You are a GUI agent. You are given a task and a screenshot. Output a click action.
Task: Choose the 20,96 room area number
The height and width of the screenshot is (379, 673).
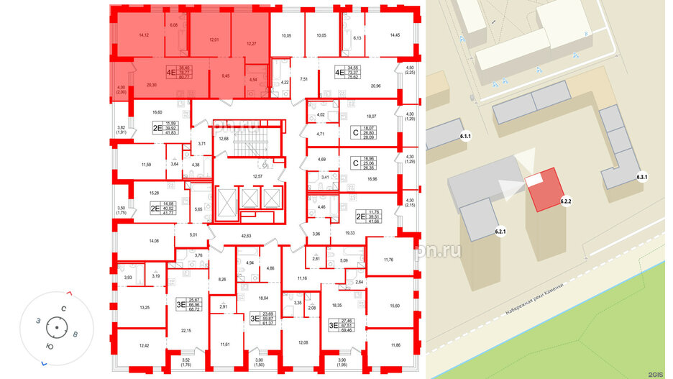(376, 86)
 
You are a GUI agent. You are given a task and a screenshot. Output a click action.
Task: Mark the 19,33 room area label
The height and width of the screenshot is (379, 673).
(352, 233)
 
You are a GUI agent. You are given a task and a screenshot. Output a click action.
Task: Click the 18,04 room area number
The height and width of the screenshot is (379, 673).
(263, 297)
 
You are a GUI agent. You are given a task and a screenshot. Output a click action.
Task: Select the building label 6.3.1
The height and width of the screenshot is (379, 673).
(643, 178)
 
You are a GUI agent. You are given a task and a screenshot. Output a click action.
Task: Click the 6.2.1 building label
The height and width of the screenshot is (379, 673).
(501, 232)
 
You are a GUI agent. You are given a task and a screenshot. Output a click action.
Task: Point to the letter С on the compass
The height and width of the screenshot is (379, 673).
(64, 308)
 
